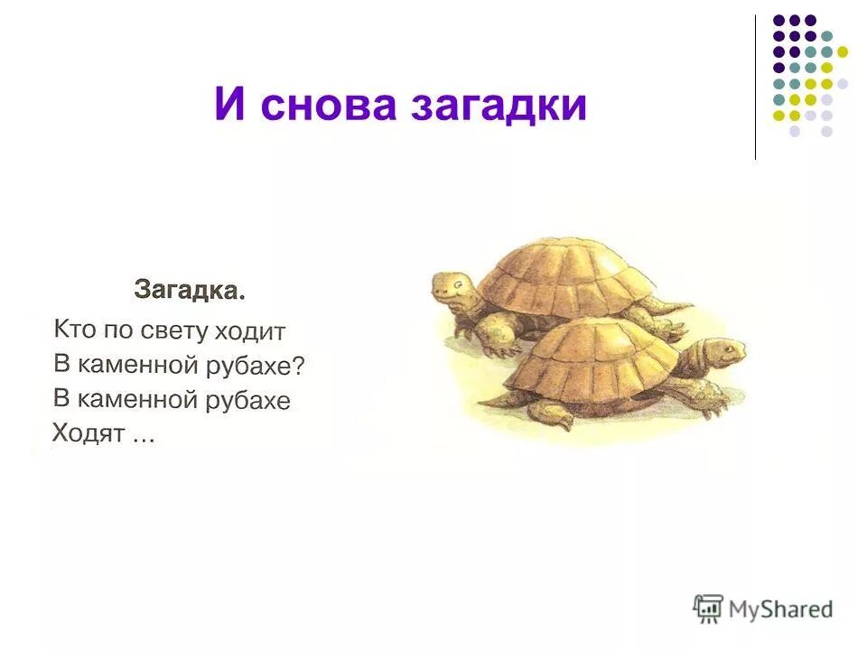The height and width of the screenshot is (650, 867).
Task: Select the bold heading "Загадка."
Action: coord(190,292)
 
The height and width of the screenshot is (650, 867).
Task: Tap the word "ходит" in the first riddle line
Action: coord(250,332)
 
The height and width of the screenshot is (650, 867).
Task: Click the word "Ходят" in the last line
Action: coord(81,432)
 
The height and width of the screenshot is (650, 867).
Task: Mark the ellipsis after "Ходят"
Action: coord(143,437)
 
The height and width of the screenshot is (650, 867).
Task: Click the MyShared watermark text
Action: coord(780,609)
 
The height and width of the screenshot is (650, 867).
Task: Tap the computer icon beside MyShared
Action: coord(709,608)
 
